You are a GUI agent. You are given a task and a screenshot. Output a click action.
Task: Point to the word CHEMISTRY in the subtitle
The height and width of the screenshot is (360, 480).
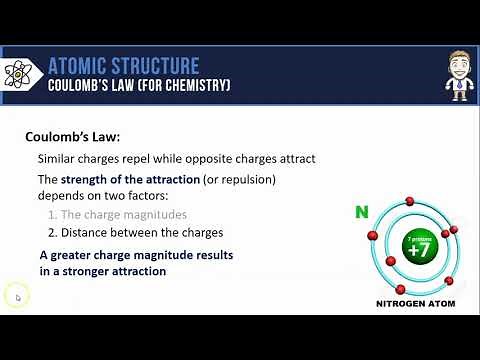196,87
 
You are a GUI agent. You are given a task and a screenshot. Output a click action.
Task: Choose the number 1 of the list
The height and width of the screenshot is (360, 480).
52,215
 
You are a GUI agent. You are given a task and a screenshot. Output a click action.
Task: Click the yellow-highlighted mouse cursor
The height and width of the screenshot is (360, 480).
17,296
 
